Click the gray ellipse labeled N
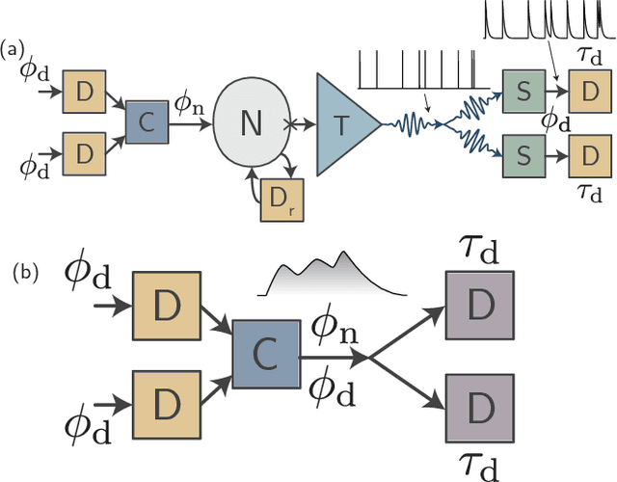coord(251,123)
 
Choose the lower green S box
coord(522,154)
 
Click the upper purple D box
coord(478,304)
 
